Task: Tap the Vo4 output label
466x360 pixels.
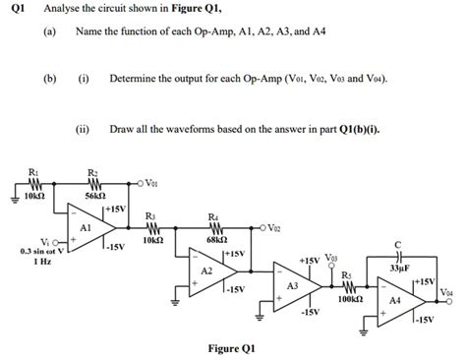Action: [x=448, y=292]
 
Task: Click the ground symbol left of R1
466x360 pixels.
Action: [x=14, y=195]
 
